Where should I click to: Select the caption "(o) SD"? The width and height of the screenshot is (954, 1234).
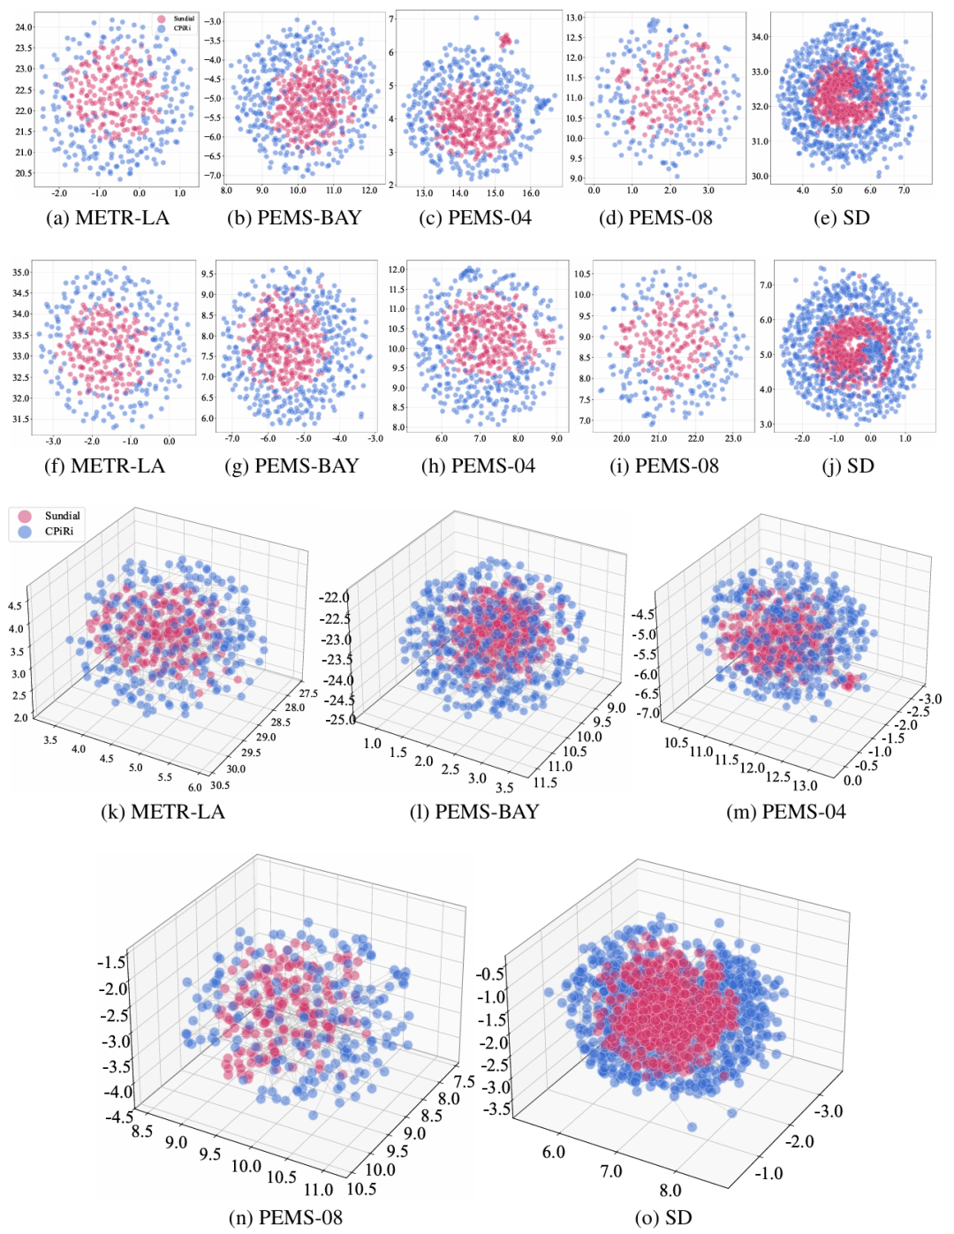coord(663,1217)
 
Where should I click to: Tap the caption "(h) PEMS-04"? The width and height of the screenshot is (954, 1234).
coord(478,466)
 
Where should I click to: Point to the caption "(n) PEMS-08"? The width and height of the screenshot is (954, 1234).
coord(285,1217)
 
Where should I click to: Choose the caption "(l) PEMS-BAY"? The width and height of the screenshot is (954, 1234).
coord(474,812)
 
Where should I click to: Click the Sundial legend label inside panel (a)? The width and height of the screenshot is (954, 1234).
coord(184,19)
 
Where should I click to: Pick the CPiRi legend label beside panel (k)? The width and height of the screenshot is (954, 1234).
coord(59,532)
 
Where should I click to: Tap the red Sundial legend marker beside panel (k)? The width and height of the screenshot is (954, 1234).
coord(25,516)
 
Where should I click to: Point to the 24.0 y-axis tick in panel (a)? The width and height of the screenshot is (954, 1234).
coord(23,27)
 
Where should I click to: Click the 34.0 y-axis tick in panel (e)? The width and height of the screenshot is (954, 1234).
coord(760,37)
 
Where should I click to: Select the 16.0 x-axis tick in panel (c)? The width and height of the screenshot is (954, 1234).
coord(531,193)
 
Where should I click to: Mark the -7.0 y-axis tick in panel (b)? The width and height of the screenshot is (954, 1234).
coord(213,175)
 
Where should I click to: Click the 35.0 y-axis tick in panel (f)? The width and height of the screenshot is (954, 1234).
coord(20,273)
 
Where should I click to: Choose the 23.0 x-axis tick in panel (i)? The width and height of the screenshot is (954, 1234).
coord(733,439)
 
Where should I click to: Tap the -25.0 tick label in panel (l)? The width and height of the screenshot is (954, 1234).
coord(340,719)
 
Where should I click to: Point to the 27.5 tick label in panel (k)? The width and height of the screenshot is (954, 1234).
coord(308,693)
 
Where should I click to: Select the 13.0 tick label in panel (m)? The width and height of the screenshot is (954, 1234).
coord(805,784)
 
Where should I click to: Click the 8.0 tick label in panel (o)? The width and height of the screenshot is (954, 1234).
coord(670,1190)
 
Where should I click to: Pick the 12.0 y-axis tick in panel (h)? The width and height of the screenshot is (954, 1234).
coord(397,269)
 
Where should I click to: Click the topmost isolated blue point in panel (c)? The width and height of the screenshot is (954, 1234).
coord(476,18)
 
